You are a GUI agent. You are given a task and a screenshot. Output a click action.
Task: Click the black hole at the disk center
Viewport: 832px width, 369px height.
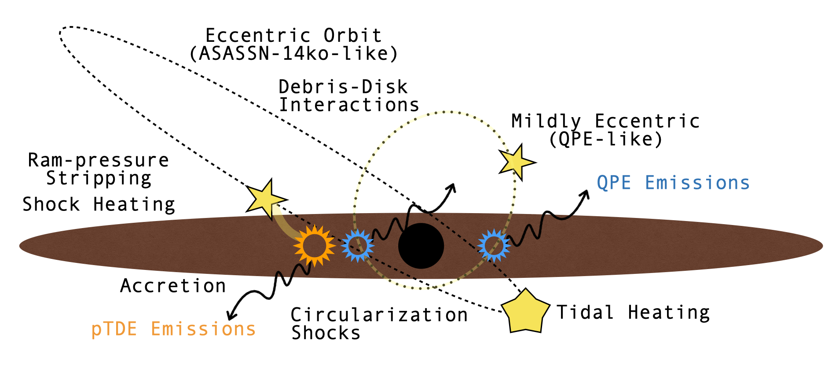[421, 246]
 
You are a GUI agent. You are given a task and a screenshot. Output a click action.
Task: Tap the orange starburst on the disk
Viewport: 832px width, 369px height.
[314, 246]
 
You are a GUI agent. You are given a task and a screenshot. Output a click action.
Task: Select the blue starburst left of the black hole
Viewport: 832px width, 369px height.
[357, 245]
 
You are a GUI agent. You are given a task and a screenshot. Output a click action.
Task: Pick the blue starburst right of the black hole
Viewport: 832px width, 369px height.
[494, 245]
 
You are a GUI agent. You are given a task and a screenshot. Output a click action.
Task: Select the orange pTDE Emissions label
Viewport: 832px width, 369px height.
[173, 329]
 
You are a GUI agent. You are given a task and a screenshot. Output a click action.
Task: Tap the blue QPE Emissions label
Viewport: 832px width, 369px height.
[673, 183]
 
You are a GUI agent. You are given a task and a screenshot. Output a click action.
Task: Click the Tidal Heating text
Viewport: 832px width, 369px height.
[633, 313]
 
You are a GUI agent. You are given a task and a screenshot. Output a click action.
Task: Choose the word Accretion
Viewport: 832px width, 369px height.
[173, 286]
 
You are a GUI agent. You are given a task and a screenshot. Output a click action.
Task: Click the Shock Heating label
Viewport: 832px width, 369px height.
[99, 205]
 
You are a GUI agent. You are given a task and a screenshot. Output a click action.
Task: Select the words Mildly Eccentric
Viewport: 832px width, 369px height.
[605, 121]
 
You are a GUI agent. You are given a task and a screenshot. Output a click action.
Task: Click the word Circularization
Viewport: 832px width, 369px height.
[379, 315]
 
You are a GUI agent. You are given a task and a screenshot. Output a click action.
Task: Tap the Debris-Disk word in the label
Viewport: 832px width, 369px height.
[343, 87]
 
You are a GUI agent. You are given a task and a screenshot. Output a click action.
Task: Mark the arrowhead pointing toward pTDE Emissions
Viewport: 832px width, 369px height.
[230, 316]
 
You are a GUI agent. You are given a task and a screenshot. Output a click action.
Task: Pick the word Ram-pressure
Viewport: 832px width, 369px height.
[99, 160]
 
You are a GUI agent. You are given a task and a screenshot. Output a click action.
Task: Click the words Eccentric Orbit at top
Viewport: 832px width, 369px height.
[293, 36]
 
